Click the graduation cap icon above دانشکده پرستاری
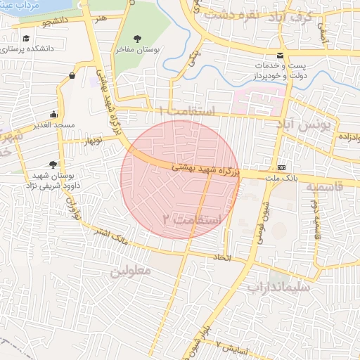tap(26, 38)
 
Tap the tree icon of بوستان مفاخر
tap(138, 37)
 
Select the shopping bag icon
tap(73, 76)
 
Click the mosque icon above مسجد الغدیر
tap(54, 115)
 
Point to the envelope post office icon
tap(281, 56)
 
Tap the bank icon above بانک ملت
tap(282, 167)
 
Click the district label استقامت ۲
tap(191, 220)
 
